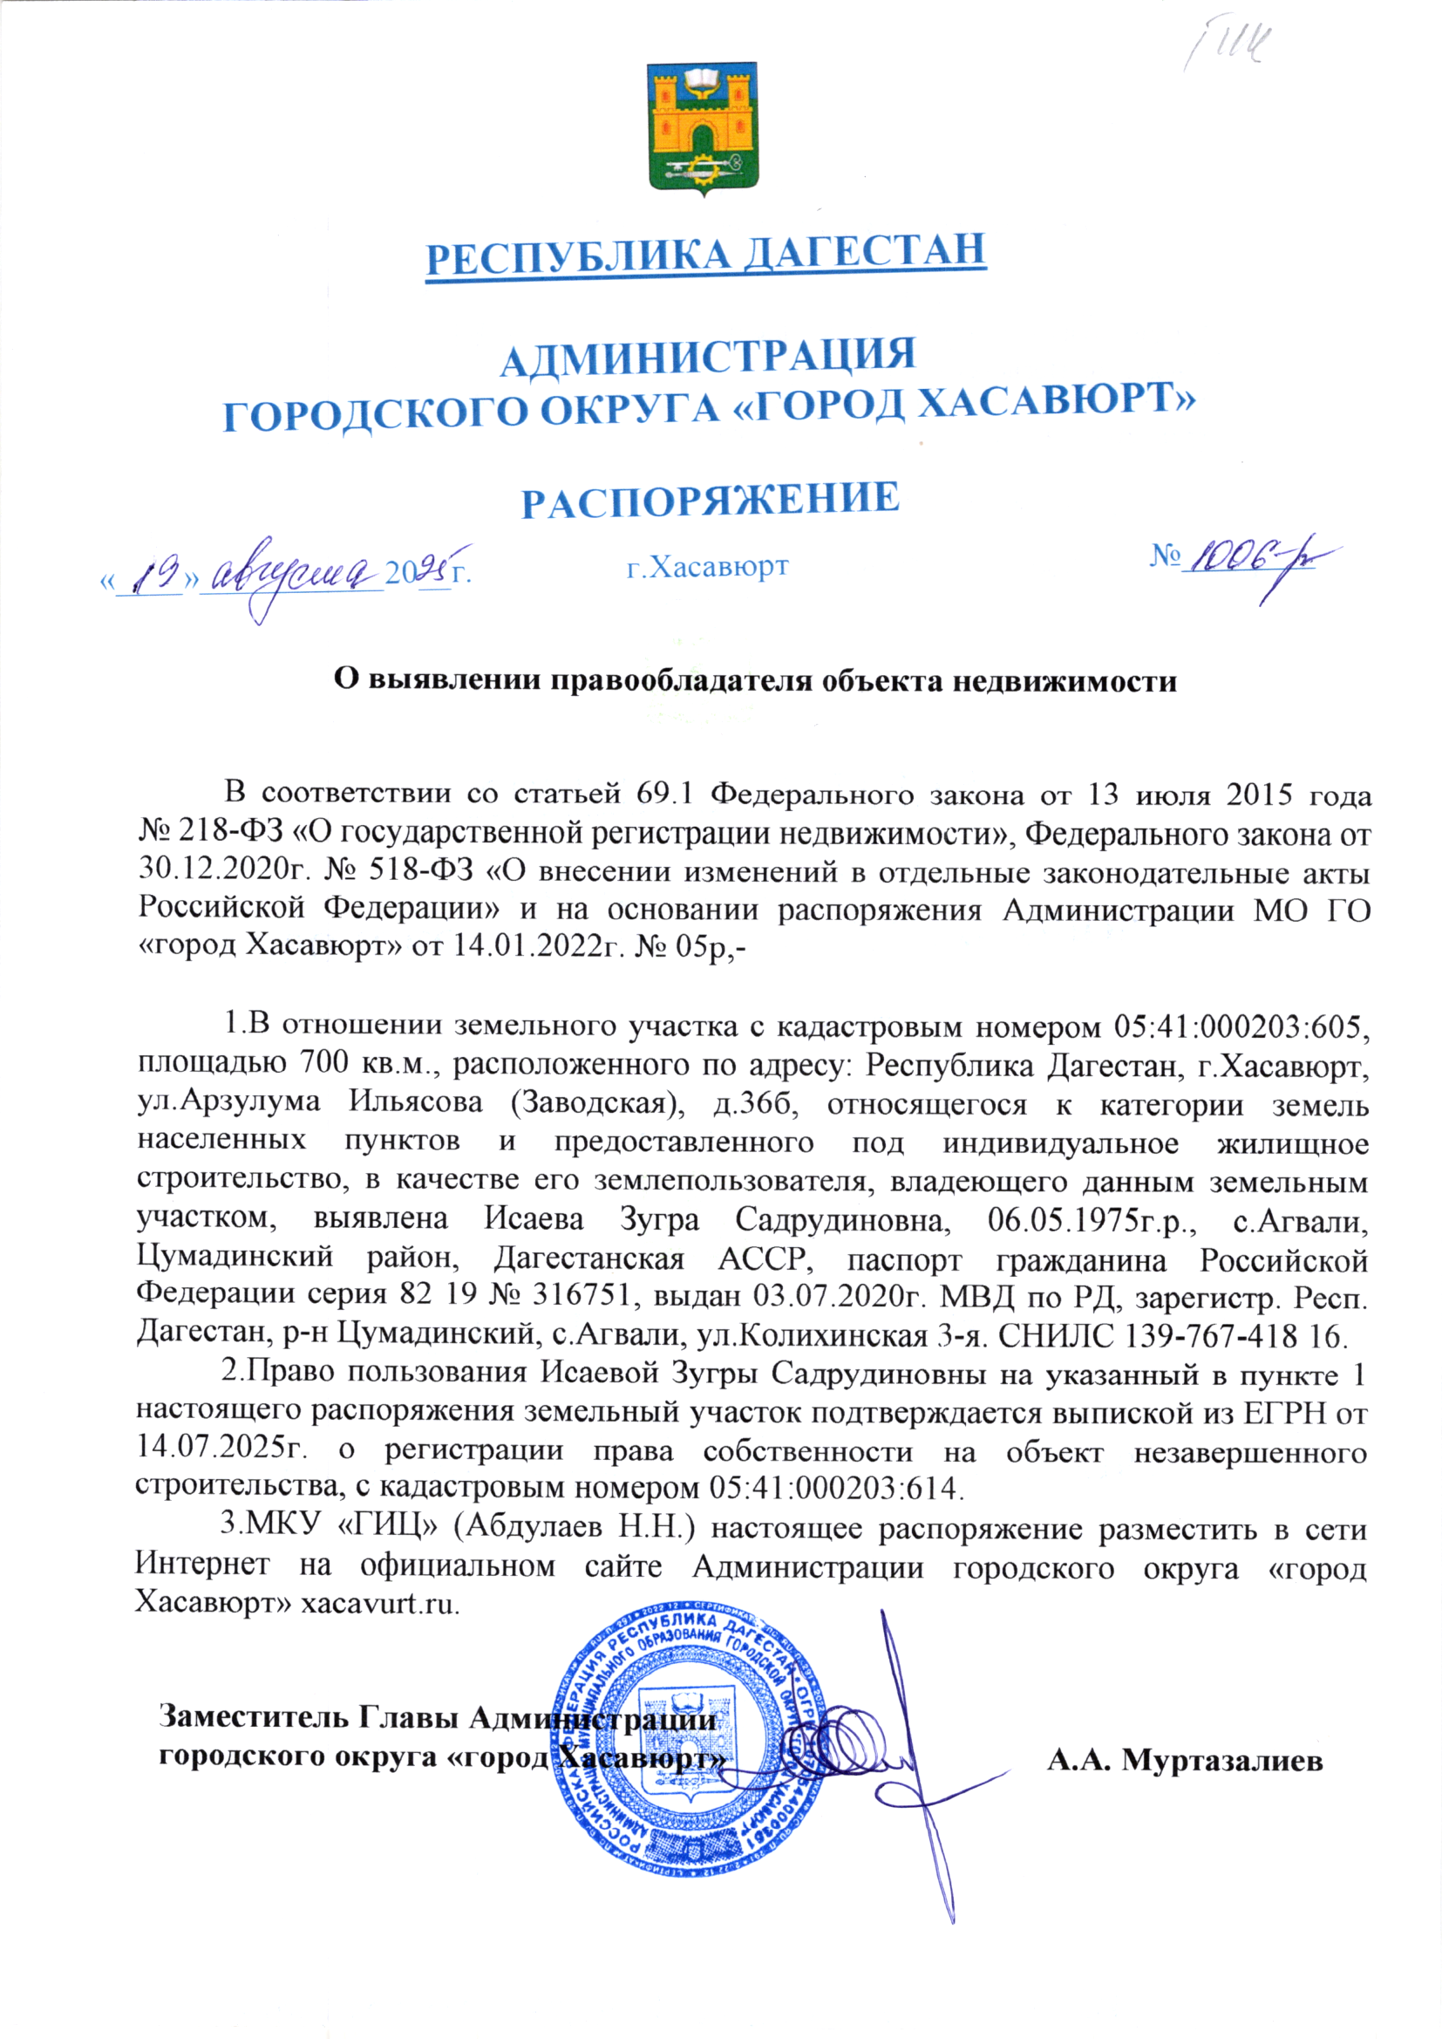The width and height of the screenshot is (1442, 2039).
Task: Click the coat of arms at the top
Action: coord(702,128)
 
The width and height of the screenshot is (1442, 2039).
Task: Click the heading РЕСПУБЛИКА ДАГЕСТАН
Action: coord(706,254)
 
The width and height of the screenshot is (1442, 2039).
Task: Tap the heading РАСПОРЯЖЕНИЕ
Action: coord(710,501)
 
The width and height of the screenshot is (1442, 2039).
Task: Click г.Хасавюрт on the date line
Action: coord(708,567)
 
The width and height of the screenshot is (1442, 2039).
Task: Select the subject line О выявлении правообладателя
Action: coord(755,680)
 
